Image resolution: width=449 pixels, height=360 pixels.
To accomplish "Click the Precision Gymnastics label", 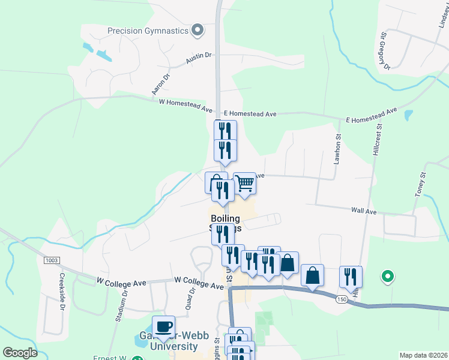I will [x=148, y=31].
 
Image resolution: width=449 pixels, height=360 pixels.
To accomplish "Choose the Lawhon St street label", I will [x=338, y=149].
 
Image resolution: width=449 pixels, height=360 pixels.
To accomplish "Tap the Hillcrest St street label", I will [x=378, y=140].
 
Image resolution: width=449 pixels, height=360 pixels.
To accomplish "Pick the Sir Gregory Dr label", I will [x=384, y=51].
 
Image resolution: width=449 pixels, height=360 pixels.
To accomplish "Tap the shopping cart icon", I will [x=244, y=184].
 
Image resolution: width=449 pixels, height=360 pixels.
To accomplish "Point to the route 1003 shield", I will [x=52, y=260].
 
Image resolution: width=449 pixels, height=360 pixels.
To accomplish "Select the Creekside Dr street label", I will [x=62, y=292].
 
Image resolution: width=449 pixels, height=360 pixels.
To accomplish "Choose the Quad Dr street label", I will [x=192, y=296].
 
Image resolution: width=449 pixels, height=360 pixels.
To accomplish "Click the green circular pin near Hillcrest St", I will [x=388, y=277].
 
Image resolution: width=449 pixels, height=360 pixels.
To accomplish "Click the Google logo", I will [x=20, y=353].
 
